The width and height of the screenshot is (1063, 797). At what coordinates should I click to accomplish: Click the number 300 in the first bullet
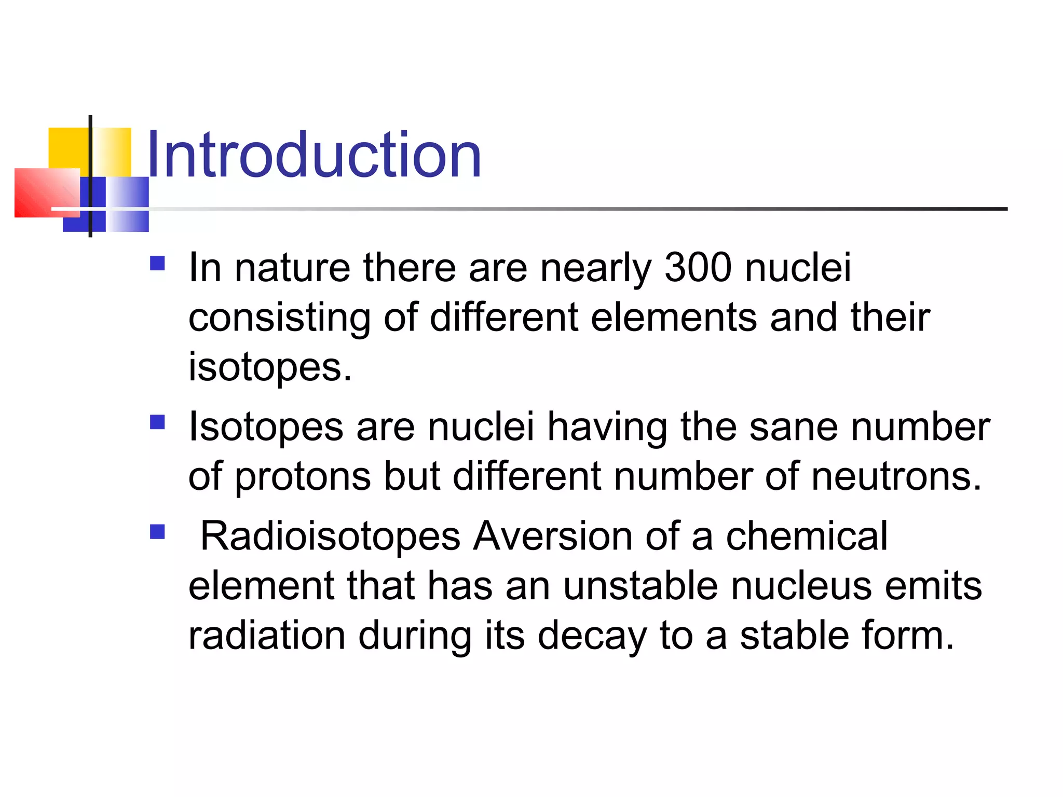click(x=698, y=268)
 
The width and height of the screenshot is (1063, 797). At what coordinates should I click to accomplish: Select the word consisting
click(x=279, y=318)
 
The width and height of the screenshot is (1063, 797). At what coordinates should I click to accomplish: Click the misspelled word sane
click(x=793, y=427)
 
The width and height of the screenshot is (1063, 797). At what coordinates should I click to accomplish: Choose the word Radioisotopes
click(x=330, y=536)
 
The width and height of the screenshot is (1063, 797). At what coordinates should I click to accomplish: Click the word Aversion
click(x=552, y=536)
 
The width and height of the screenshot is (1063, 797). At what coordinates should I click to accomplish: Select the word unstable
click(x=640, y=586)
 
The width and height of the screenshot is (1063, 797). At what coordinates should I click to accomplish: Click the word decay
click(x=592, y=636)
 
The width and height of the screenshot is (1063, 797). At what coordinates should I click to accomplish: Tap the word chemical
click(x=806, y=536)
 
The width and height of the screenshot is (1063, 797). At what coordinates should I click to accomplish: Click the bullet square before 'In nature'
click(x=157, y=264)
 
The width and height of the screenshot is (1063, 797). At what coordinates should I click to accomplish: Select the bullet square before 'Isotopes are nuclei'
click(x=157, y=422)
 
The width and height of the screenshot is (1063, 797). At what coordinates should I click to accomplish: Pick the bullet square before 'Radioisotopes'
click(x=157, y=532)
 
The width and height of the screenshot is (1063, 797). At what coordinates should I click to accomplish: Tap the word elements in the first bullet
click(x=674, y=318)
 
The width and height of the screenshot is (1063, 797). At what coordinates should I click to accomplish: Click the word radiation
click(x=266, y=636)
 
